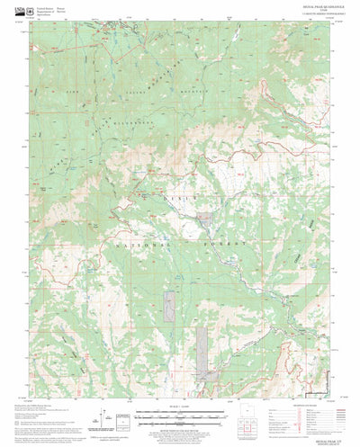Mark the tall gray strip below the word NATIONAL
coord(167,309)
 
